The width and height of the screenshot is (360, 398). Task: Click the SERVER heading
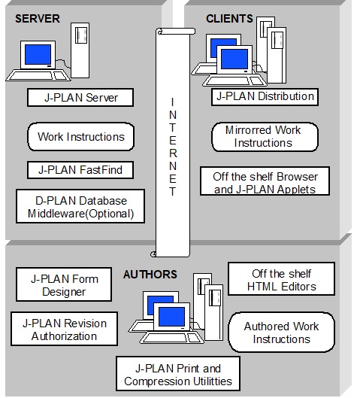[38, 19]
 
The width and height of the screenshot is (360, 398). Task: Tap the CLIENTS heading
[229, 19]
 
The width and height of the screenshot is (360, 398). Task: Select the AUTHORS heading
[150, 275]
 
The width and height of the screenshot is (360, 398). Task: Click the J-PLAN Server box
[80, 97]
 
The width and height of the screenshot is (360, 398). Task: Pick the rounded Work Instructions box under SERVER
[81, 137]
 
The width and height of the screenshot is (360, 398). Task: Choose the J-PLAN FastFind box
[80, 170]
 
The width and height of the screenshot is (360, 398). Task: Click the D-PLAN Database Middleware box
[80, 206]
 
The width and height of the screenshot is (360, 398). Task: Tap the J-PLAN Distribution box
[265, 97]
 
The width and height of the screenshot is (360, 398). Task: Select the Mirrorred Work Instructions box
[265, 137]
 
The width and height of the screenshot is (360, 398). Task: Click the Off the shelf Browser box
[265, 181]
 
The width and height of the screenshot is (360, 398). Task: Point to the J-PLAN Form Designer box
[64, 284]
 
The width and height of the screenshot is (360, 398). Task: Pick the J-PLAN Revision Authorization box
[64, 329]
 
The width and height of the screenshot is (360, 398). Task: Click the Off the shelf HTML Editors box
[281, 279]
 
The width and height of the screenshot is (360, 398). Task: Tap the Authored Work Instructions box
[281, 333]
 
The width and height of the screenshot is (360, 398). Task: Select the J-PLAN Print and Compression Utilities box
[178, 374]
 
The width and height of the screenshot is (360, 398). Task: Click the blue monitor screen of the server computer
[38, 55]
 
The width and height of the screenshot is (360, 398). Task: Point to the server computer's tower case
[80, 50]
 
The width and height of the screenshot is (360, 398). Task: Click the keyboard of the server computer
[38, 76]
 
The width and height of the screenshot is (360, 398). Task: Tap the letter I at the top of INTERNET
[172, 102]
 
